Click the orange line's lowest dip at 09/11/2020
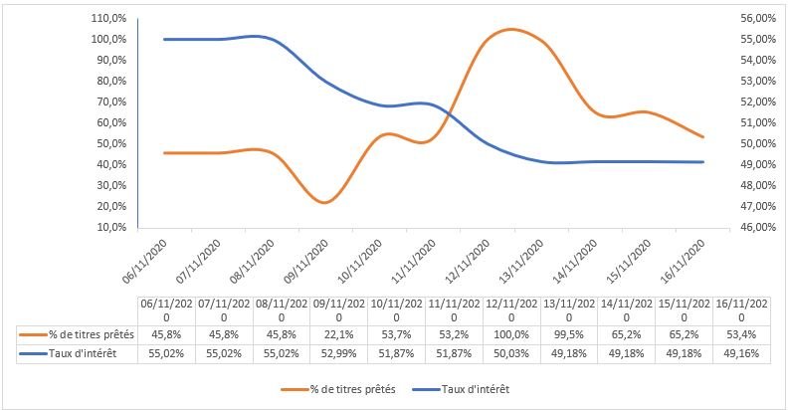pyautogui.click(x=324, y=202)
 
